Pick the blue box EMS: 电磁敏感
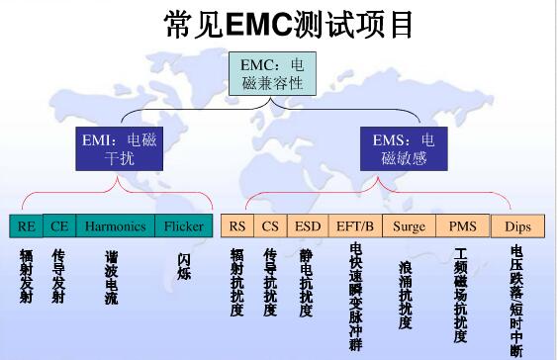click(403, 147)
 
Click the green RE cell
click(26, 225)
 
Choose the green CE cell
click(59, 225)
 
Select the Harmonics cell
click(115, 225)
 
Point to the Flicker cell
click(184, 225)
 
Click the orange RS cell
click(237, 225)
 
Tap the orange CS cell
click(270, 225)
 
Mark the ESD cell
click(307, 225)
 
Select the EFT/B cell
click(354, 225)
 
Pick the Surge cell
click(409, 225)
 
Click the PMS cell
click(462, 225)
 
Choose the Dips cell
click(517, 225)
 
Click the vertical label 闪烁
click(183, 266)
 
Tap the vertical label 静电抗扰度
click(306, 282)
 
